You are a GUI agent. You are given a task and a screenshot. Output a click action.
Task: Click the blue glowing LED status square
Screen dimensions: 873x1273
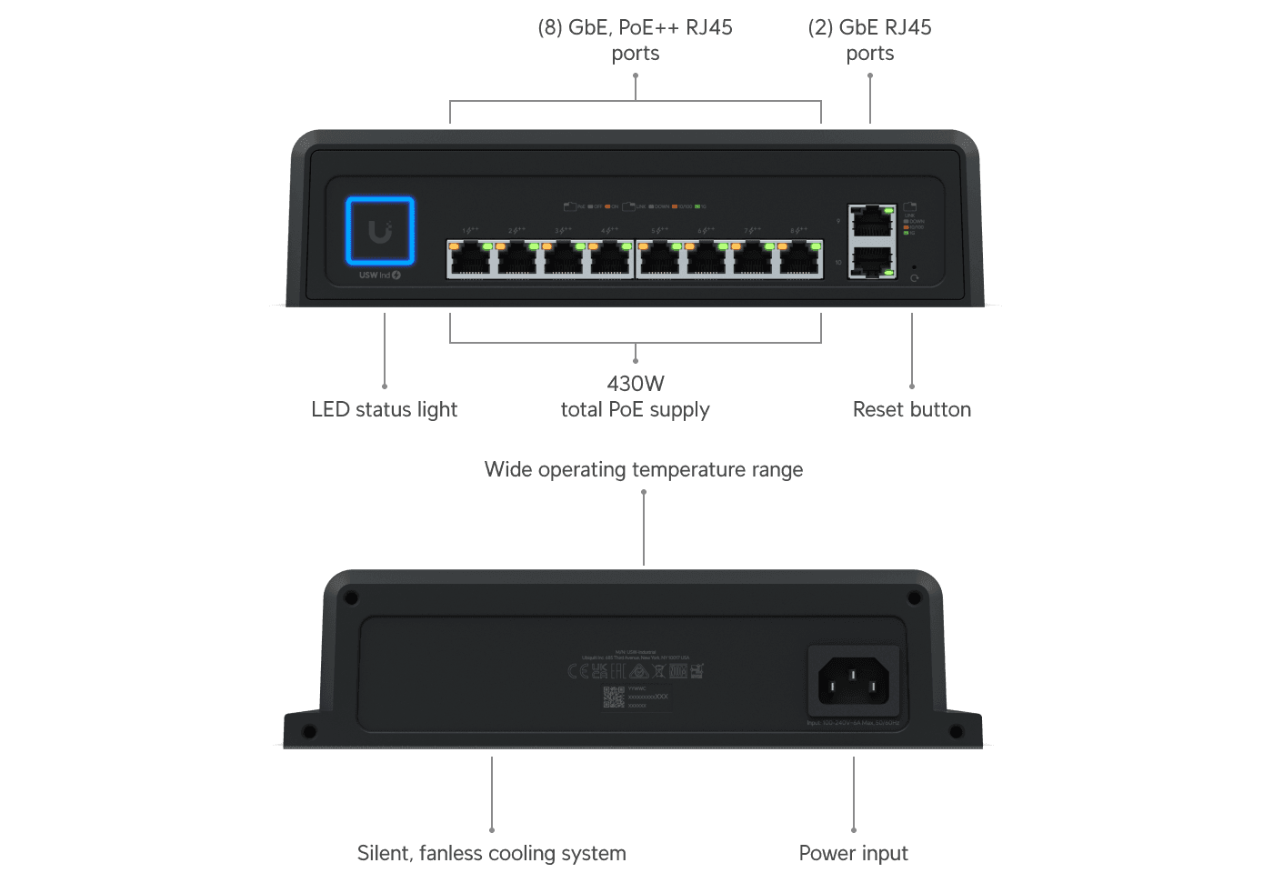[x=380, y=231]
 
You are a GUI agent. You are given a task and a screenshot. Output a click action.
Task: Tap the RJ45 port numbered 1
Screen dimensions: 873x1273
[x=470, y=259]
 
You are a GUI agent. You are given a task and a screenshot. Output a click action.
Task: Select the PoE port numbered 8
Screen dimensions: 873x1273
[x=799, y=259]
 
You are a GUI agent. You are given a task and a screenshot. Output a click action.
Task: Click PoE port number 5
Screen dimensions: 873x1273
[x=659, y=259]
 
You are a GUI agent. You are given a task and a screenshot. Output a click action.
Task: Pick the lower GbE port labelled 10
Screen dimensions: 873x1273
[x=872, y=262]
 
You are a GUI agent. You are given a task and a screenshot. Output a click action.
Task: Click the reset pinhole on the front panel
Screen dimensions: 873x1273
[x=913, y=267]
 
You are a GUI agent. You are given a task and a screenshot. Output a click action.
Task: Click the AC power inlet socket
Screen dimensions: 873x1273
[x=853, y=681]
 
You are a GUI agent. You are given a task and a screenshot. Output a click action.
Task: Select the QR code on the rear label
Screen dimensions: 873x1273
[x=614, y=697]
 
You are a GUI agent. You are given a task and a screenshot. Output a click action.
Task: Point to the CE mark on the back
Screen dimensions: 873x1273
[x=578, y=671]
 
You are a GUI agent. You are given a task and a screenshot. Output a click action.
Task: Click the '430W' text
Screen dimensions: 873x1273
[x=636, y=384]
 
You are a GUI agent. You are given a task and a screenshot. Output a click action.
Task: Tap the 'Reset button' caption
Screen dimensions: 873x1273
[x=911, y=410]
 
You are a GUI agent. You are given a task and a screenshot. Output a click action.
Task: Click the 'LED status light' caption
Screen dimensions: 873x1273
[x=384, y=410]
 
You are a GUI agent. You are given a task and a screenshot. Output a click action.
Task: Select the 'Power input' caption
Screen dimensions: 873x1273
[x=853, y=853]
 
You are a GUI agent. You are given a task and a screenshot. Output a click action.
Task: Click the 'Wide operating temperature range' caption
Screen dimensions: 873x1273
[x=643, y=470]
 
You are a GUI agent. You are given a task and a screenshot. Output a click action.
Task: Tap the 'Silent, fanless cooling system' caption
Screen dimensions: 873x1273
[x=491, y=853]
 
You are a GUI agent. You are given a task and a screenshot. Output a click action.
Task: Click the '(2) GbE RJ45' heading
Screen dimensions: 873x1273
[x=869, y=28]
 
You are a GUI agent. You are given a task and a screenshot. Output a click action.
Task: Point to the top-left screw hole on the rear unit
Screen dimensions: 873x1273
[x=351, y=598]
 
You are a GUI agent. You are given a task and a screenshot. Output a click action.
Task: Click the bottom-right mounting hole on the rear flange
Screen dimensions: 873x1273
[x=956, y=731]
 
